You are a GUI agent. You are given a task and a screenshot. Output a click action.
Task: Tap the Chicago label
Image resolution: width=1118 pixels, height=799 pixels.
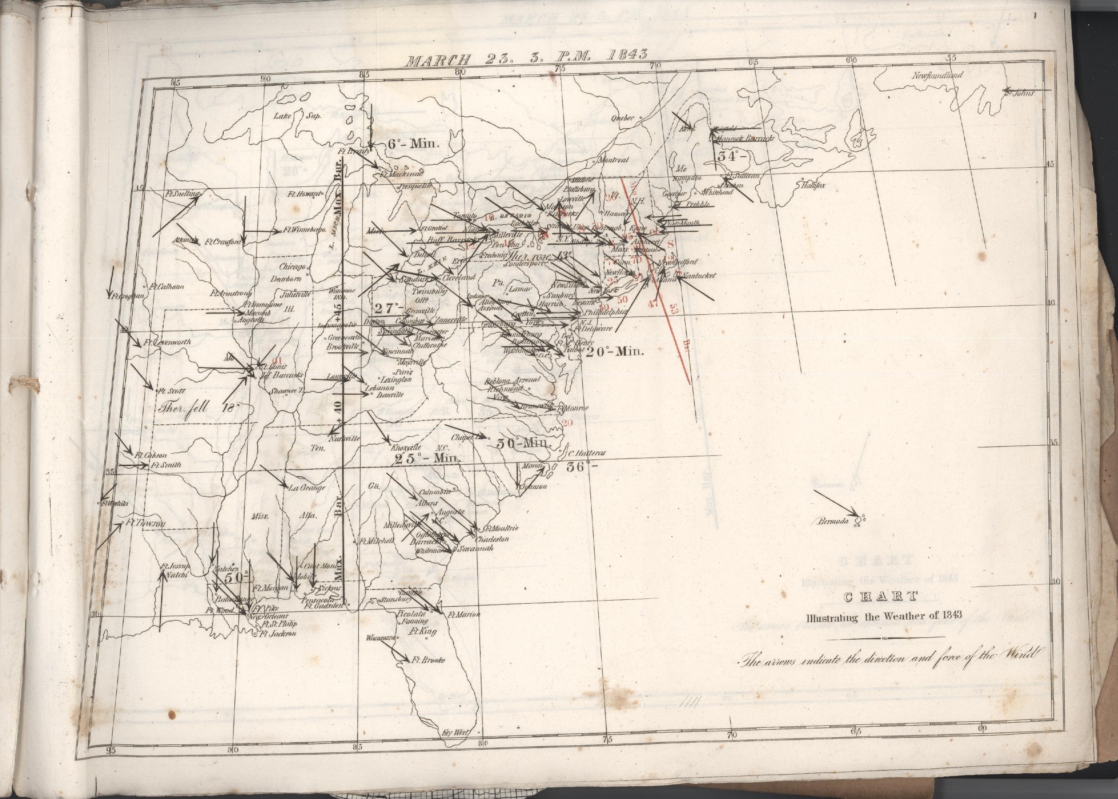point(294,267)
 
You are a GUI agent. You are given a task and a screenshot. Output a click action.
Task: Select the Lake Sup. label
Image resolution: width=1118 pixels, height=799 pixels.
point(297,117)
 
